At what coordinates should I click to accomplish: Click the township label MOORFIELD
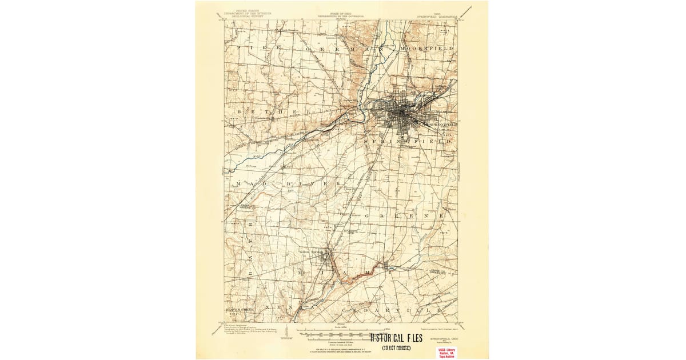tap(427, 49)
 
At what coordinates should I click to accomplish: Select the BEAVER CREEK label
tap(238, 309)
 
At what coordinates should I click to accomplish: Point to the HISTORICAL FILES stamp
tap(397, 338)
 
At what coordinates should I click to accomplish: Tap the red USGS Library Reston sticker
tap(448, 351)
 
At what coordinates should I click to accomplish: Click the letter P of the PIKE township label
tap(239, 49)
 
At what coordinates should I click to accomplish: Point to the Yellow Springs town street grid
tap(328, 258)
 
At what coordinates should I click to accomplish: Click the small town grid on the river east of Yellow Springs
tap(387, 265)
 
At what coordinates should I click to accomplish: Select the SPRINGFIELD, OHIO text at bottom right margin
tap(441, 339)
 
